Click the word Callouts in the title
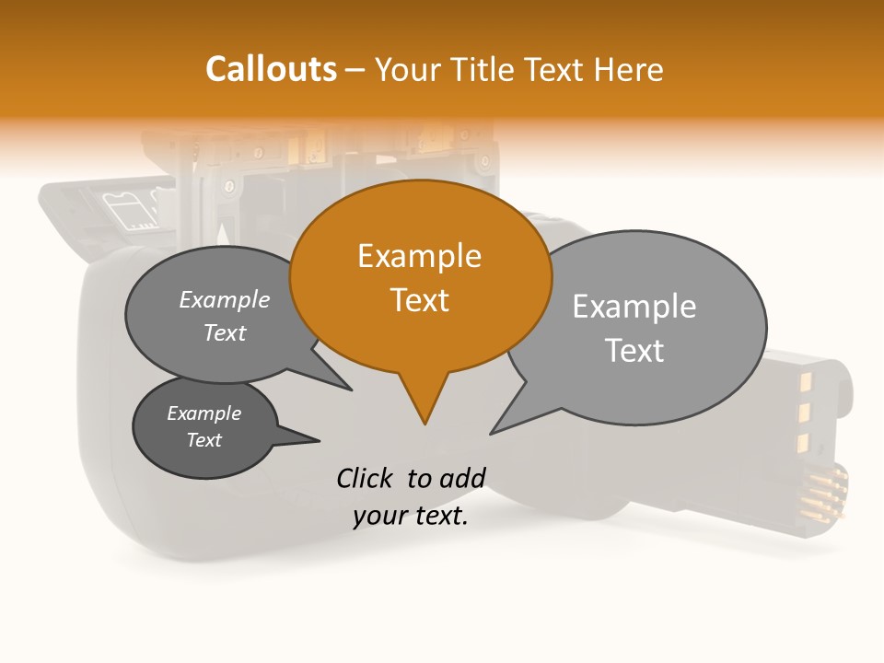pyautogui.click(x=271, y=69)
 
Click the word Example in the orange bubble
pyautogui.click(x=419, y=256)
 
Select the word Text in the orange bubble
pyautogui.click(x=419, y=300)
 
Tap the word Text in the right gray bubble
pyautogui.click(x=634, y=351)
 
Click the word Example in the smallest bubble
pyautogui.click(x=204, y=413)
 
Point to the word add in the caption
pyautogui.click(x=461, y=478)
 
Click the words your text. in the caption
pyautogui.click(x=410, y=516)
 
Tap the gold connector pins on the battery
pyautogui.click(x=823, y=493)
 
